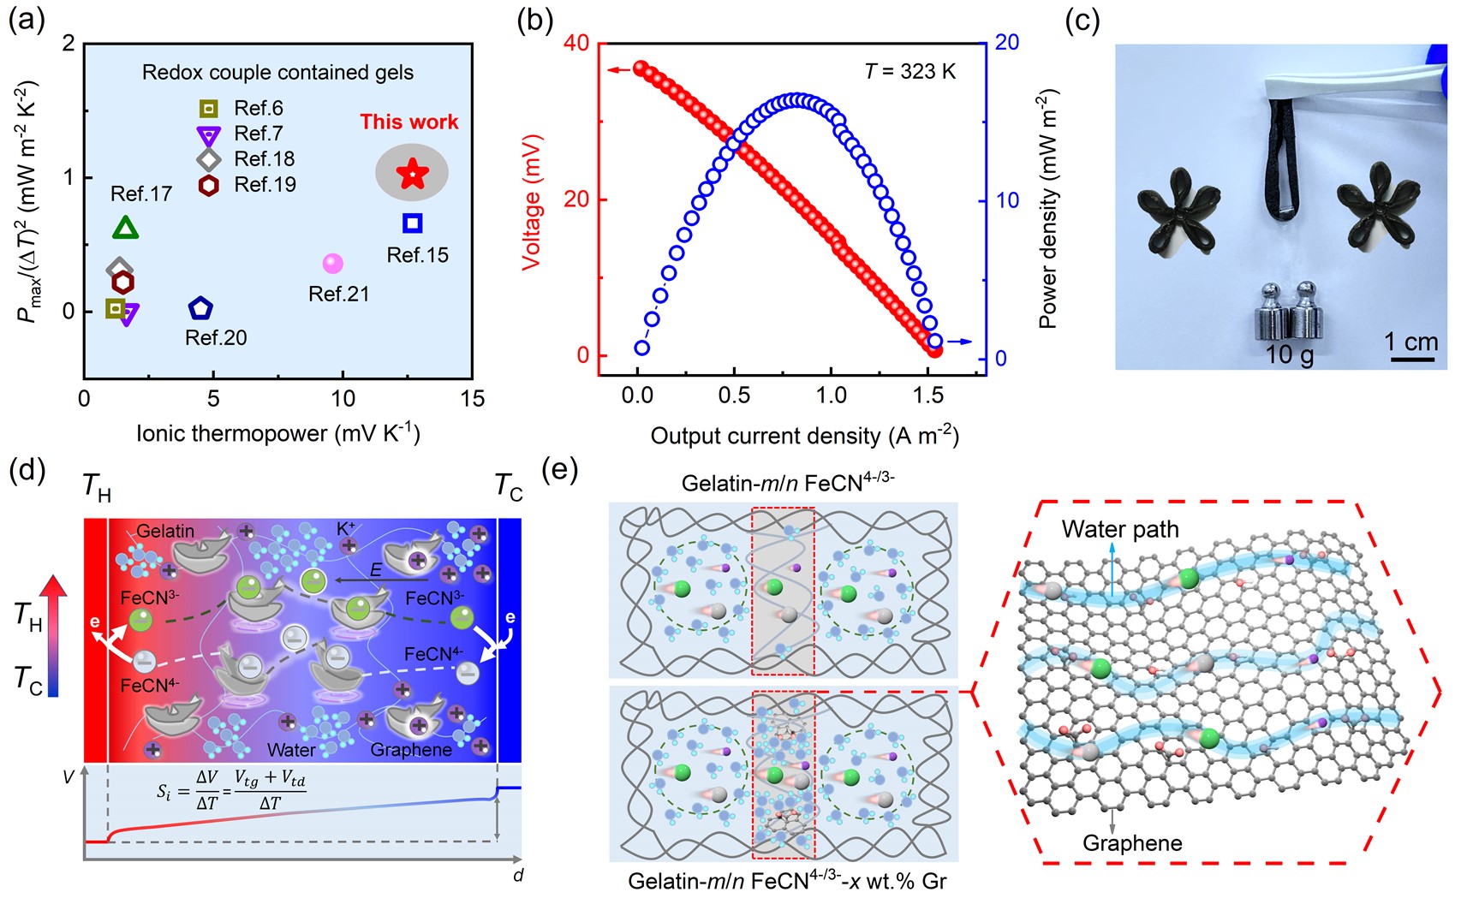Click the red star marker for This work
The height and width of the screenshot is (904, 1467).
pos(412,174)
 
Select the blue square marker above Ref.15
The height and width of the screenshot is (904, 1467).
pos(412,223)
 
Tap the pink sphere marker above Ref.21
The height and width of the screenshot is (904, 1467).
pos(332,264)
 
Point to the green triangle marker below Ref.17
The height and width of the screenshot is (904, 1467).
pos(126,228)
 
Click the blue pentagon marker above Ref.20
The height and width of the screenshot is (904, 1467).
pos(200,308)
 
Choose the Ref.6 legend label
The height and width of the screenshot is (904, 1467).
pos(258,108)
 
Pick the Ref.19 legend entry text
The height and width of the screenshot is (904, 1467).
pos(265,185)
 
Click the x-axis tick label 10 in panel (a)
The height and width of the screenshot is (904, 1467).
pos(343,399)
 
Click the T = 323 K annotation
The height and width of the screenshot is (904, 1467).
pos(909,72)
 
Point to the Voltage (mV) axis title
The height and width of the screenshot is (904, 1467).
pos(532,201)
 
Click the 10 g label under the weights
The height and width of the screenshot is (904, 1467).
pos(1289,354)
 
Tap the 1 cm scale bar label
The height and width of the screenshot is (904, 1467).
pos(1410,342)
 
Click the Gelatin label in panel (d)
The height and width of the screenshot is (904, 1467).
pos(165,532)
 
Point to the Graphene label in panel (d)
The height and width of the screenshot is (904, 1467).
pos(411,750)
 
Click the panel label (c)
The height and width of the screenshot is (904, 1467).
pos(1082,21)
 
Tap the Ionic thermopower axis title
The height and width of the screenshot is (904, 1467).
pos(277,433)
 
